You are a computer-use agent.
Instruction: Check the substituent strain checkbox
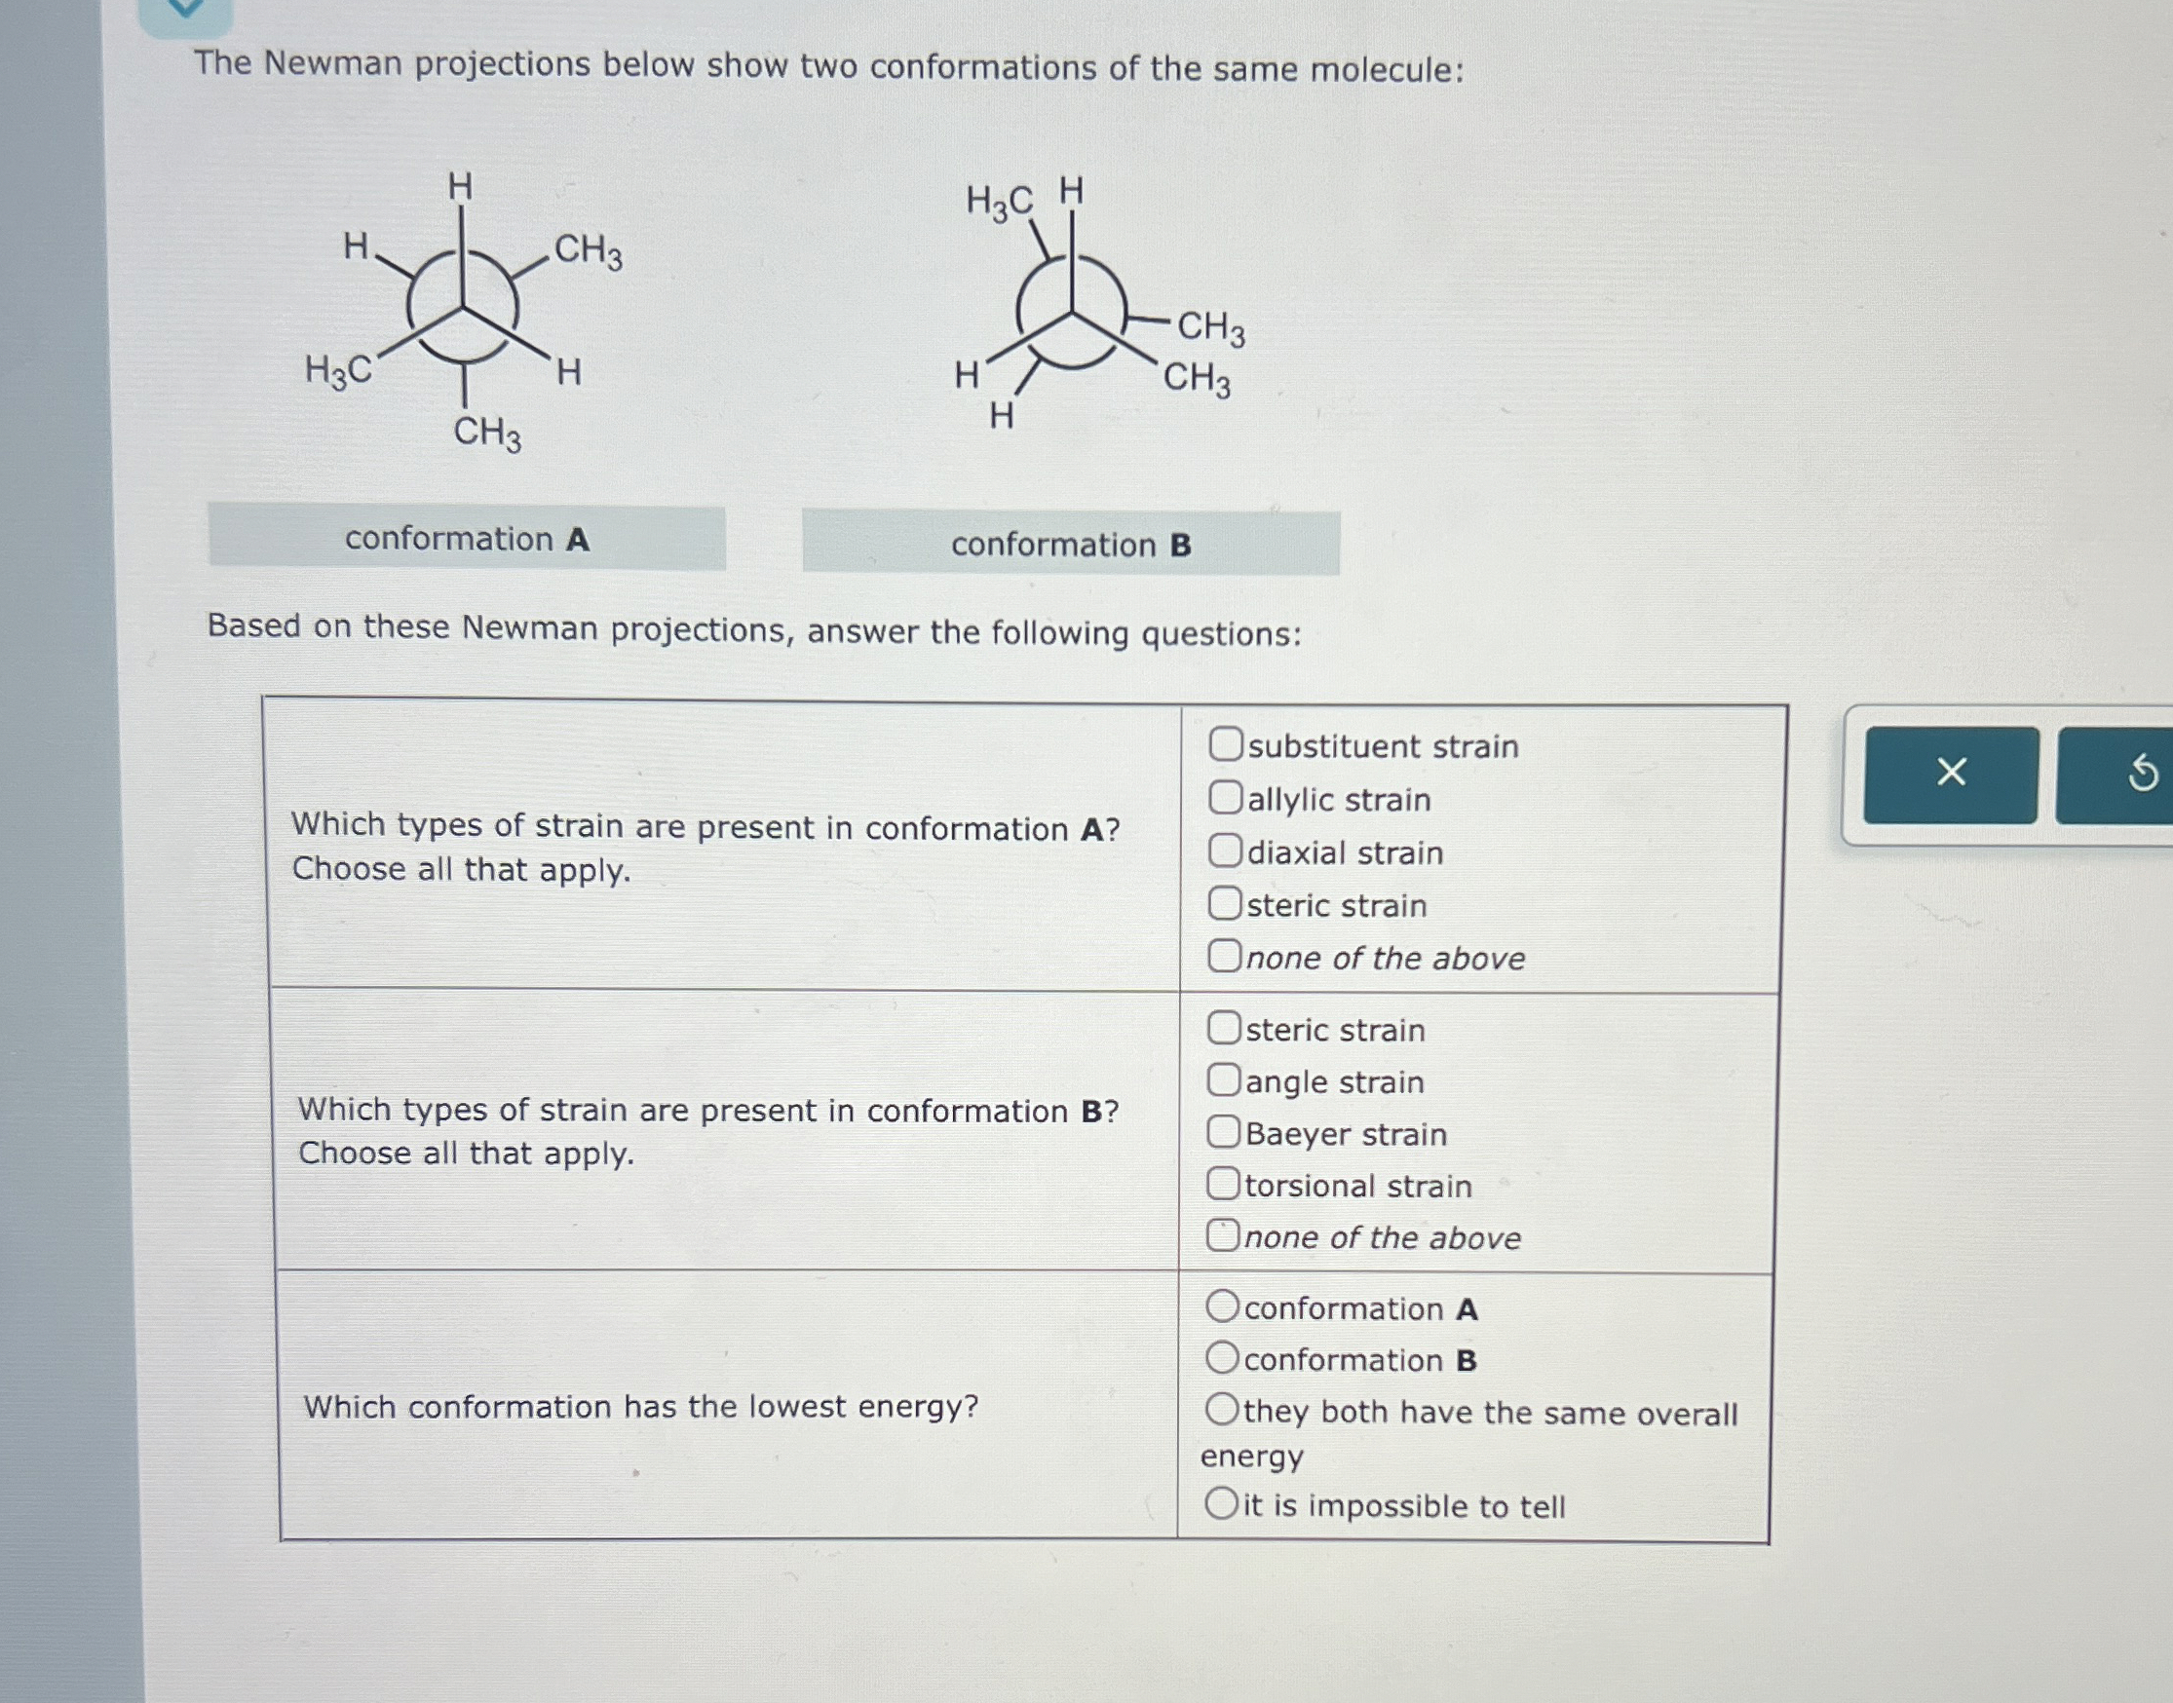pyautogui.click(x=1226, y=743)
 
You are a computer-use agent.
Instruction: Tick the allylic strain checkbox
pyautogui.click(x=1226, y=798)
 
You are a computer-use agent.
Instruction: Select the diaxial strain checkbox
pyautogui.click(x=1226, y=851)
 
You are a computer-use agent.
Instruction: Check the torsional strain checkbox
pyautogui.click(x=1223, y=1184)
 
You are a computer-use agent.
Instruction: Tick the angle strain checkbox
pyautogui.click(x=1224, y=1079)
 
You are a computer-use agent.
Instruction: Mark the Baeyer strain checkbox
pyautogui.click(x=1224, y=1132)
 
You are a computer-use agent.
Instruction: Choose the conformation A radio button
pyautogui.click(x=1222, y=1306)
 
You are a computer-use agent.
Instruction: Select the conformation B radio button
pyautogui.click(x=1222, y=1357)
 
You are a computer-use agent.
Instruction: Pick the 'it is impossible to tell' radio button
pyautogui.click(x=1221, y=1502)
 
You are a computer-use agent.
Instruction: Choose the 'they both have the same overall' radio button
pyautogui.click(x=1222, y=1410)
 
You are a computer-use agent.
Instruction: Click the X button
pyautogui.click(x=1950, y=773)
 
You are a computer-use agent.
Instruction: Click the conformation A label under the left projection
pyautogui.click(x=467, y=540)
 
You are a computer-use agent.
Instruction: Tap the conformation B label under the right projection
pyautogui.click(x=1070, y=545)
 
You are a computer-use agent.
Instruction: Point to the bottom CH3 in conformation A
pyautogui.click(x=486, y=434)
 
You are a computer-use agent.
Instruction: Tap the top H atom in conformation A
pyautogui.click(x=460, y=186)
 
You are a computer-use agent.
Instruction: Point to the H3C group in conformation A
pyautogui.click(x=338, y=372)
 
